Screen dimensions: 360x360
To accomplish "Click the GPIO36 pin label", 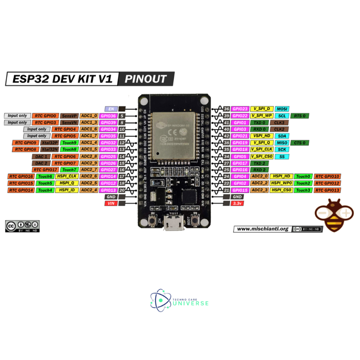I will [108, 116].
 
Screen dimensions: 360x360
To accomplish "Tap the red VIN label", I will [111, 204].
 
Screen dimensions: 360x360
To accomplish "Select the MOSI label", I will [282, 109].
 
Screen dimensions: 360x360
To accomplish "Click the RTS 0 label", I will [300, 116].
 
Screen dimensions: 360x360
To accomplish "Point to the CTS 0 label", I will [300, 143].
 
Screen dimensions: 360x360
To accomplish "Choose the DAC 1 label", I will [41, 156].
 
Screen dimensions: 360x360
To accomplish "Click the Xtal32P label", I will [49, 143].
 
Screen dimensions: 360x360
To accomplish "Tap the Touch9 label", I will [69, 143].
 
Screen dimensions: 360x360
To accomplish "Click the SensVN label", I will [69, 122].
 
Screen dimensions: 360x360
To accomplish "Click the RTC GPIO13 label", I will [327, 190].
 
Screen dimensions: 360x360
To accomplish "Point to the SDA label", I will [281, 136].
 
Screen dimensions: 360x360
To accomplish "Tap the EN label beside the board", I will [111, 109].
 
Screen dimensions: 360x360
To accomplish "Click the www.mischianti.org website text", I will [263, 229].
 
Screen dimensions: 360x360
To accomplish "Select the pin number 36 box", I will [227, 109].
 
